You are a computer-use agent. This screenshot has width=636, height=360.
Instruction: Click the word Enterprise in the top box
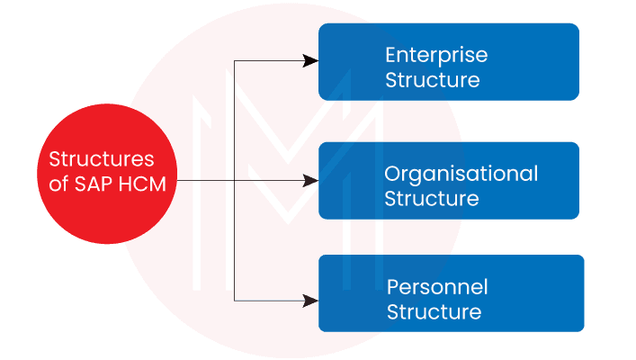436,56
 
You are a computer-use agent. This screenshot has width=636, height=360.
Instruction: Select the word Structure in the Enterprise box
432,80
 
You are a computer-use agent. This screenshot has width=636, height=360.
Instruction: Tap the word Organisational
461,173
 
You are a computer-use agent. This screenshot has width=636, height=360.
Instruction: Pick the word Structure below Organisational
432,198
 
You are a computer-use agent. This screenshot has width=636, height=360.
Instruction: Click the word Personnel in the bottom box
437,287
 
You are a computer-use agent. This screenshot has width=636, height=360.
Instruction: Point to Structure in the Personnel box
434,312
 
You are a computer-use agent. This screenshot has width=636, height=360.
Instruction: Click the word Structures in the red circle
102,160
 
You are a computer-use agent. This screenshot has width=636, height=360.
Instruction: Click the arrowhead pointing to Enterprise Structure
310,60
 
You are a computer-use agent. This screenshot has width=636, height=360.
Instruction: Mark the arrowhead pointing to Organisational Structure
310,181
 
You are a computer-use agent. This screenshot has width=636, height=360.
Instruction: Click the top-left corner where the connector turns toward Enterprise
234,60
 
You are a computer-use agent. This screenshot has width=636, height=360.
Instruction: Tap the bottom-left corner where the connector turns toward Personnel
234,298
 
